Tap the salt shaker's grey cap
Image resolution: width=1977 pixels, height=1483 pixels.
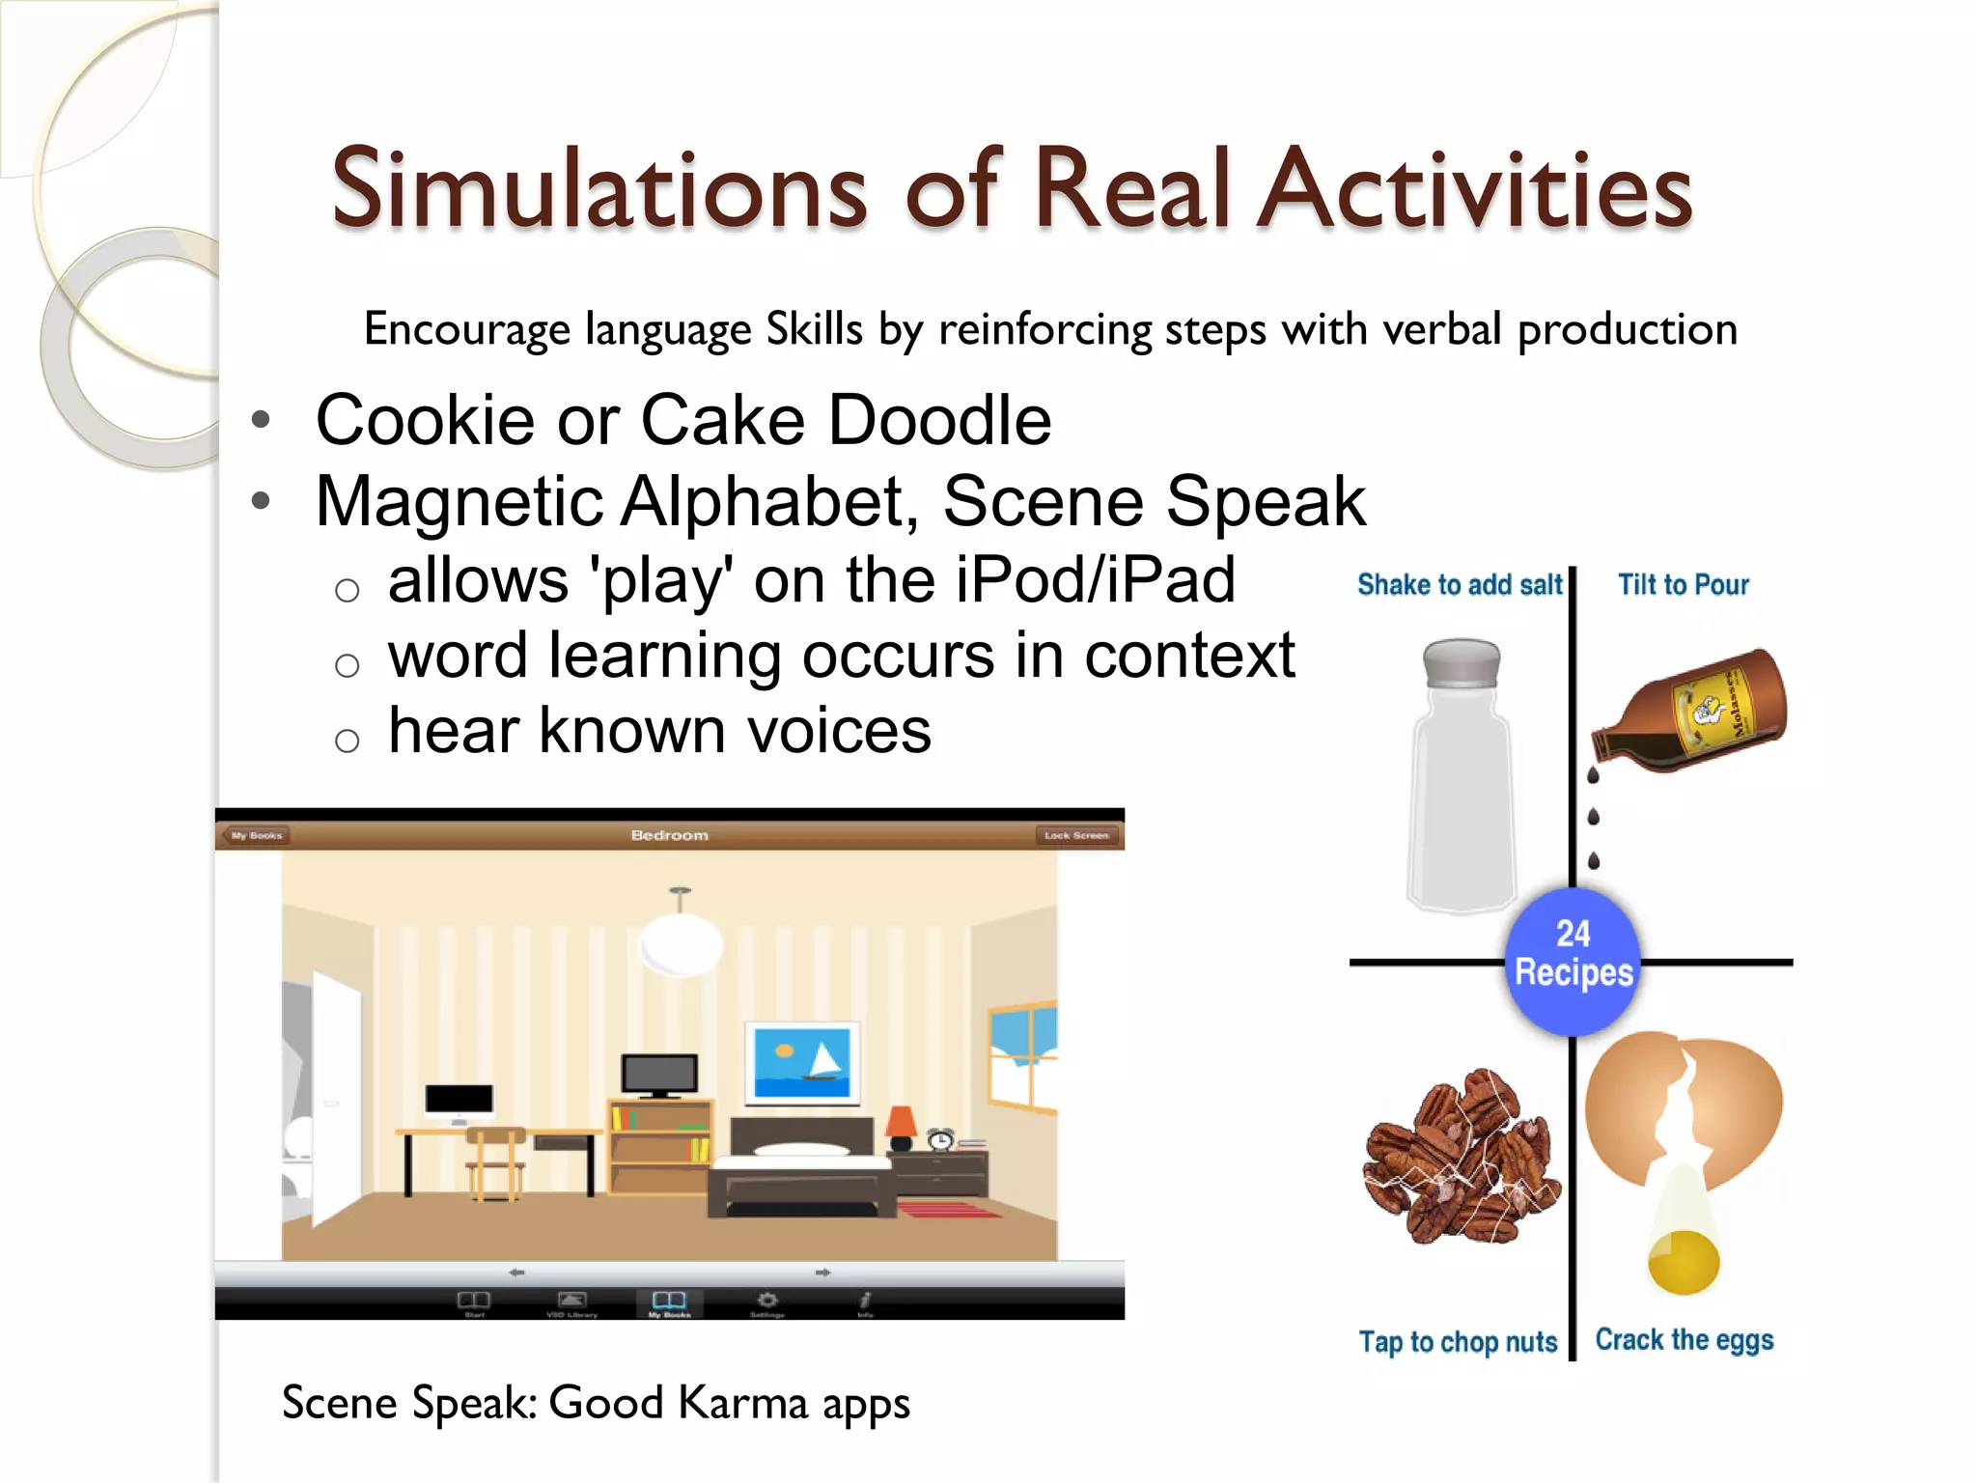click(1462, 664)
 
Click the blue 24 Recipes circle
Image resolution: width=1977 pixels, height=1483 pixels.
click(1573, 954)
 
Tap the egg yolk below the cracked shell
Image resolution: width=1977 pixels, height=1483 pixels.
click(1684, 1260)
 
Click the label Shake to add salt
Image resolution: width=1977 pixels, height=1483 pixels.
click(1459, 585)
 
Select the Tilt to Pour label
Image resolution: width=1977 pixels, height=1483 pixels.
click(1683, 585)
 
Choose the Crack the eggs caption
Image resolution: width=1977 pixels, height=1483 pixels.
click(1684, 1340)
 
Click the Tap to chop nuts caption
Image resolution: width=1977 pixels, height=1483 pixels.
click(1458, 1342)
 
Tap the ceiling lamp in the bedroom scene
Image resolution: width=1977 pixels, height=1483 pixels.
click(681, 941)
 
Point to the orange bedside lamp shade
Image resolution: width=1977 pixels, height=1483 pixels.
click(902, 1122)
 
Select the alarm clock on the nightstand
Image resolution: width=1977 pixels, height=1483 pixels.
click(940, 1139)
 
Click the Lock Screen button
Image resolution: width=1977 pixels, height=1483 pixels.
click(1076, 835)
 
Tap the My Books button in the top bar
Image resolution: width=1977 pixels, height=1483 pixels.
click(257, 835)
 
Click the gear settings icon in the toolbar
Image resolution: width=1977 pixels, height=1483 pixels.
click(767, 1301)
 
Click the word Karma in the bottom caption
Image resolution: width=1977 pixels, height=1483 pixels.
click(743, 1403)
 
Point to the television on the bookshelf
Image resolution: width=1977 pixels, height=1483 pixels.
click(659, 1074)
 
